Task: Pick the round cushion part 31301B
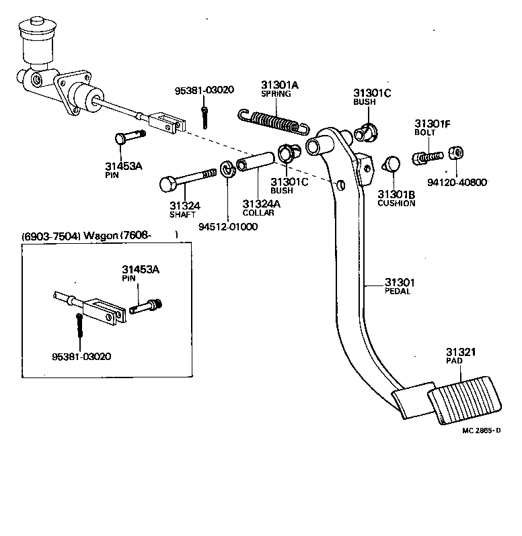click(x=392, y=164)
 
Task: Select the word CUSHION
click(x=396, y=203)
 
